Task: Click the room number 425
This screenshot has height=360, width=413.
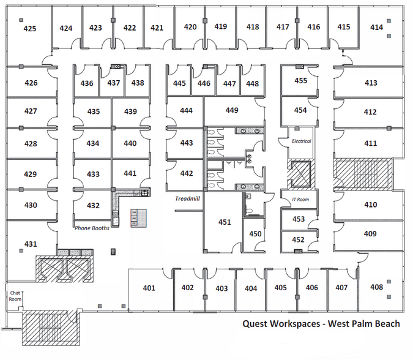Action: (30, 28)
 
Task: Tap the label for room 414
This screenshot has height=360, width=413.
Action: (377, 27)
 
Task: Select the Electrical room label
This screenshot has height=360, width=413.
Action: (301, 141)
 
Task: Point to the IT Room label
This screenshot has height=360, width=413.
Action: (300, 200)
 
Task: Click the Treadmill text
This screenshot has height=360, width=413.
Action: (188, 198)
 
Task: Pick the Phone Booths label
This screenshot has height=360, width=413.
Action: (92, 228)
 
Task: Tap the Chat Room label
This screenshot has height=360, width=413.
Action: (15, 296)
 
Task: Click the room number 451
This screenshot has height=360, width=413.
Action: (225, 222)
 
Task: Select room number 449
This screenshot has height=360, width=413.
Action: (232, 110)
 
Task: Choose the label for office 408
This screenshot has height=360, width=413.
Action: (377, 287)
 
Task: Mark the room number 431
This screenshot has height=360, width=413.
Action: (31, 244)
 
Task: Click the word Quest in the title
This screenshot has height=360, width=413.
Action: (255, 324)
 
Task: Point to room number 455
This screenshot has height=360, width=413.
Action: (301, 80)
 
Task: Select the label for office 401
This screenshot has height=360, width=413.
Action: (149, 288)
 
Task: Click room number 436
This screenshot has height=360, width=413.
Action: (87, 83)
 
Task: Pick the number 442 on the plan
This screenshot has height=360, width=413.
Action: (187, 173)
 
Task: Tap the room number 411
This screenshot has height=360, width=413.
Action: (371, 143)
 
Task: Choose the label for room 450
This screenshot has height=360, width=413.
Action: (256, 234)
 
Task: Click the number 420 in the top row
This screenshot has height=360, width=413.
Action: (190, 27)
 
